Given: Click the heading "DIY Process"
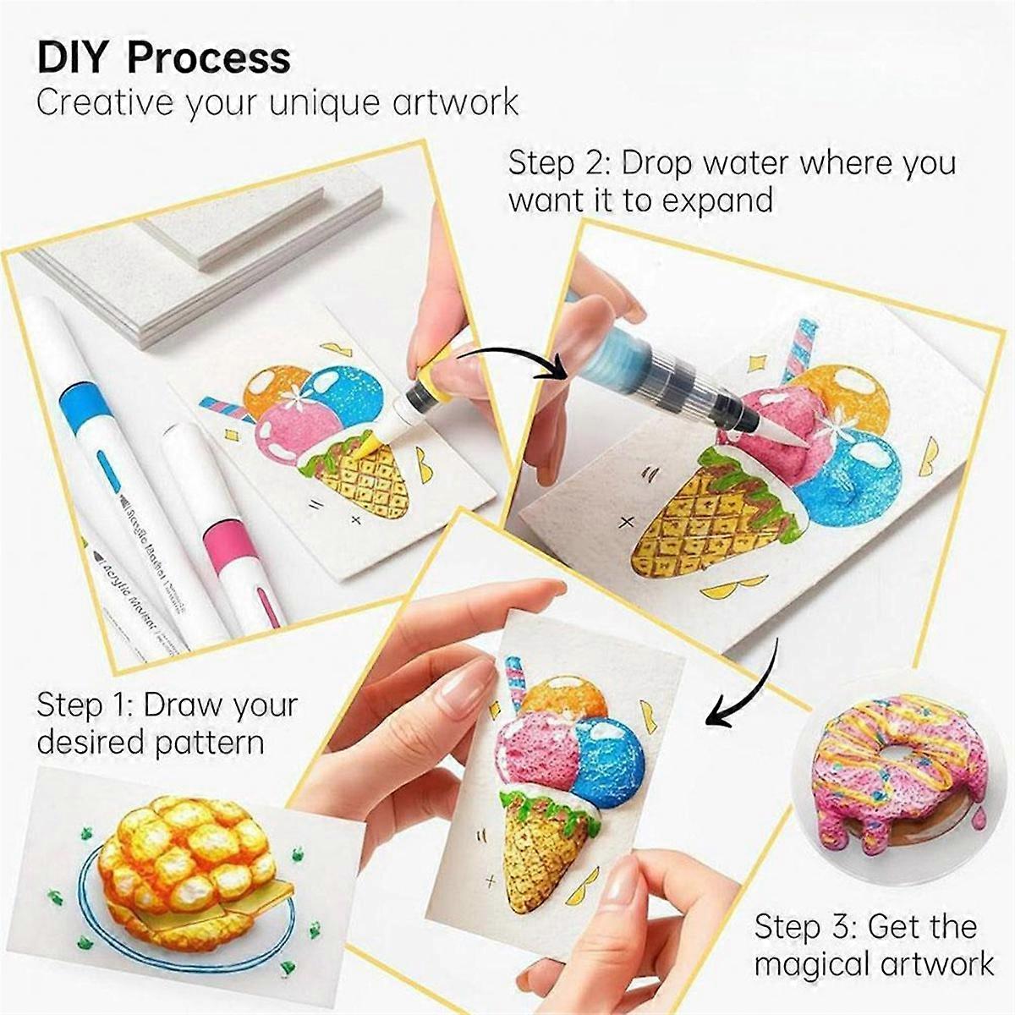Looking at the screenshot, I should pos(163,58).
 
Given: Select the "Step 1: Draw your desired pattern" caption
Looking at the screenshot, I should pos(167,723).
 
